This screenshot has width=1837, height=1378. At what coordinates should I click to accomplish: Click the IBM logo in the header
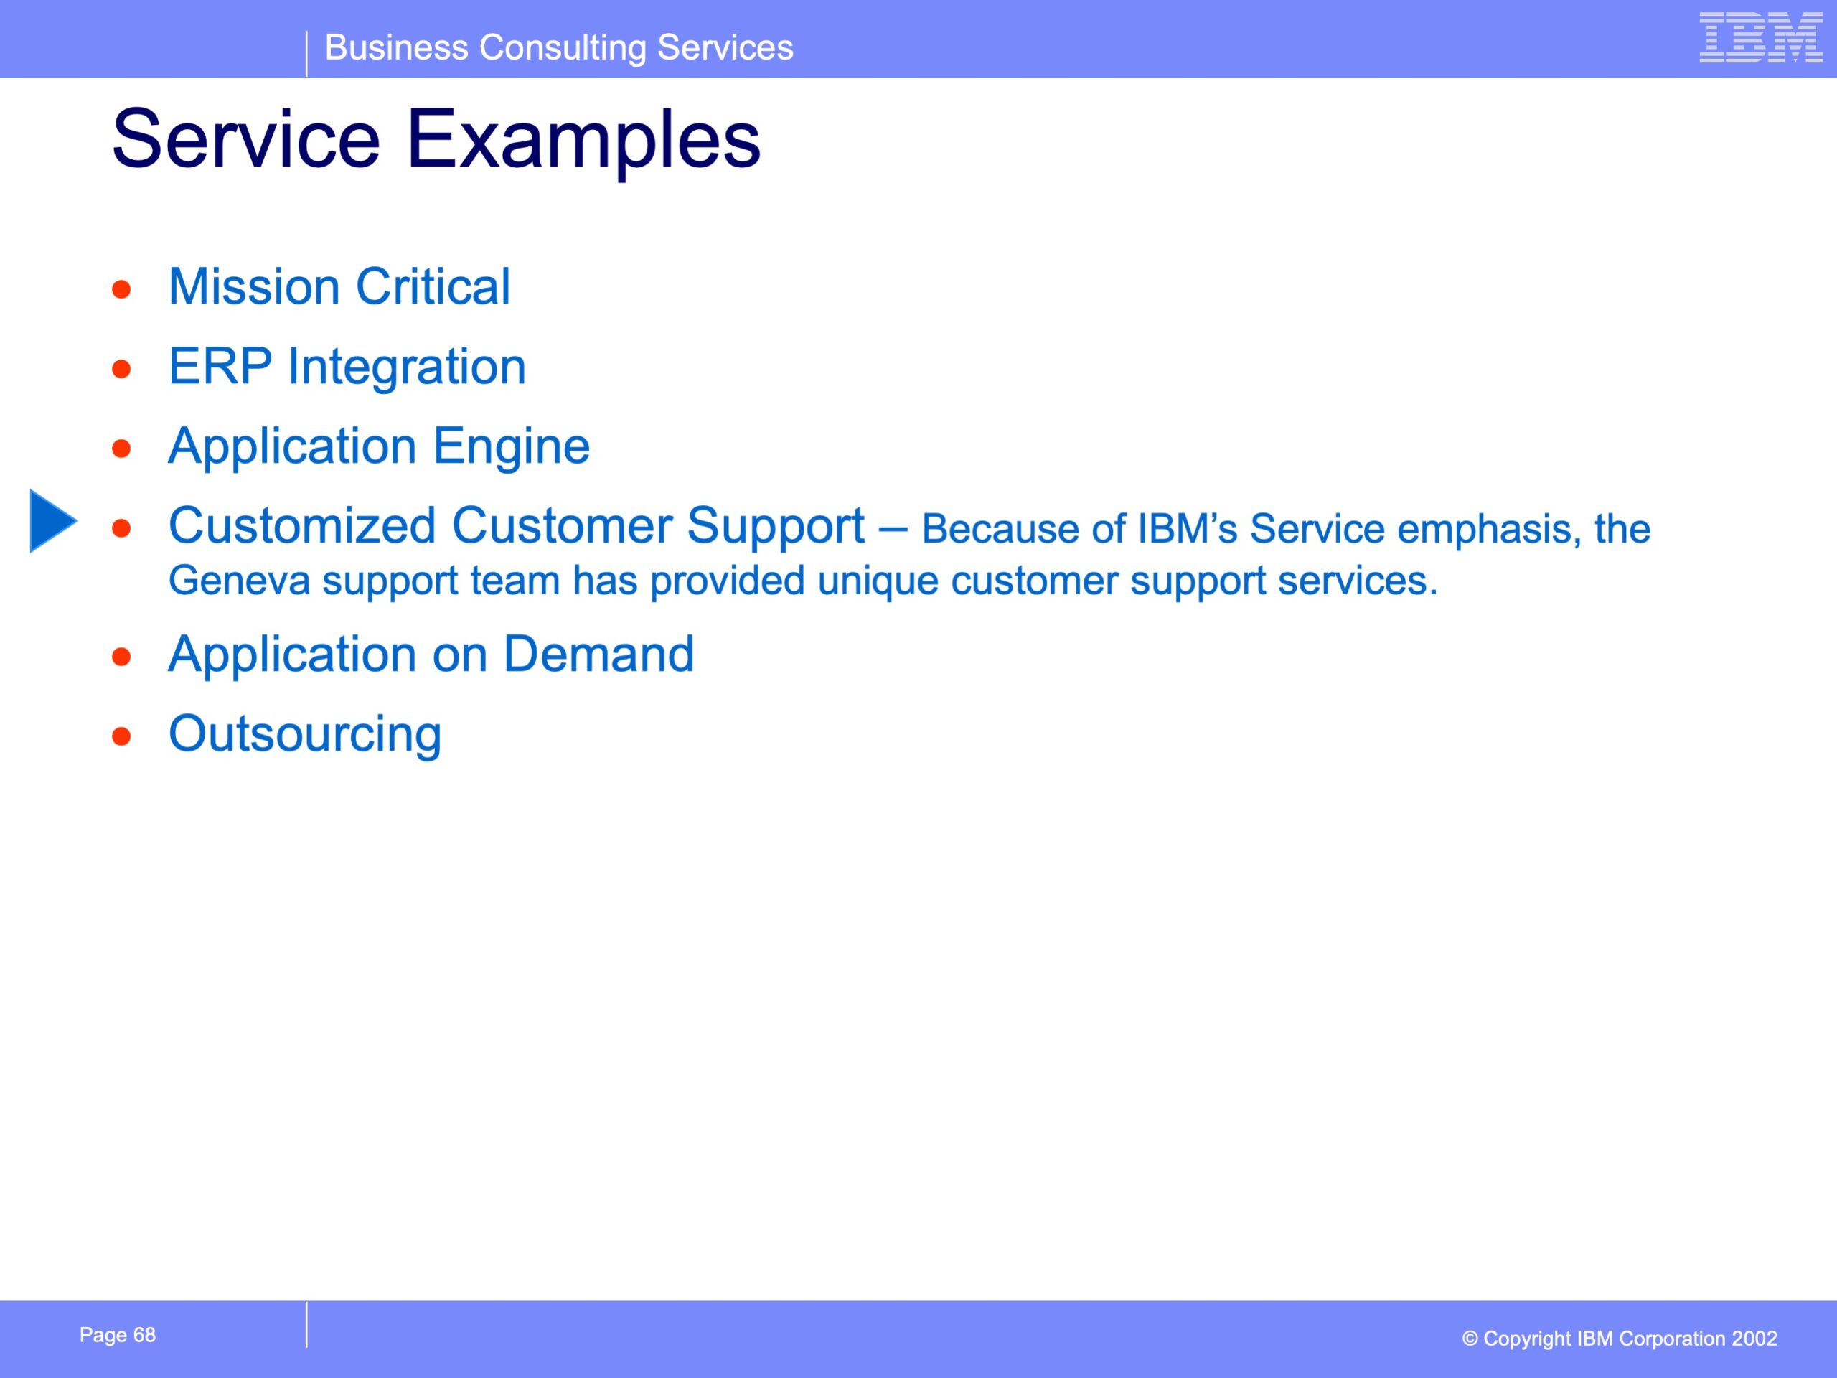[1761, 37]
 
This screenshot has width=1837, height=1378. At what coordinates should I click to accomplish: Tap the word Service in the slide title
[246, 138]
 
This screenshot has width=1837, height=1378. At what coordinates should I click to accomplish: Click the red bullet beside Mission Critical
[122, 289]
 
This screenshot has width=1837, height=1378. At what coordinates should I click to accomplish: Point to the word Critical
[433, 286]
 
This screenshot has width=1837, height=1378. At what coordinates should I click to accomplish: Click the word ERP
[220, 366]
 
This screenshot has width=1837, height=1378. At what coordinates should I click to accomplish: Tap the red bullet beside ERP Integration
[122, 369]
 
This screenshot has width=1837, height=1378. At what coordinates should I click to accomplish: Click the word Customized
[302, 526]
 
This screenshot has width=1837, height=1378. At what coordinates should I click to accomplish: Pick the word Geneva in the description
[239, 580]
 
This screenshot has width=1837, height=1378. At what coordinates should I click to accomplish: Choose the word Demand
[598, 654]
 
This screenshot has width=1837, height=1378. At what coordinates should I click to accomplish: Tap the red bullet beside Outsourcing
[122, 736]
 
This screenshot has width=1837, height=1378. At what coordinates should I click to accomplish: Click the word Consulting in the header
[563, 48]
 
